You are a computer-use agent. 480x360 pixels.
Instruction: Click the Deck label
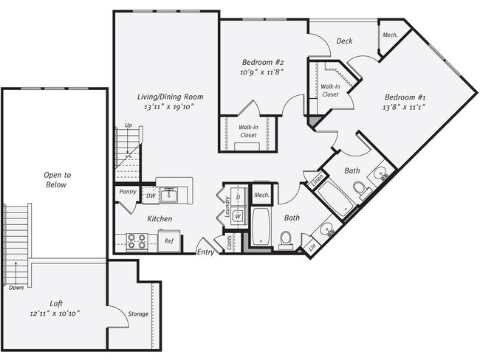(344, 41)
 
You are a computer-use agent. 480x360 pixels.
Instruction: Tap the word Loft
(55, 303)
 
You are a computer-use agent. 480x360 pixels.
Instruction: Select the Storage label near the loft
(137, 314)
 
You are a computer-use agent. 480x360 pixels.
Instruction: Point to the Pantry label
(126, 192)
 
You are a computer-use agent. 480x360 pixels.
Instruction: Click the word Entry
(205, 252)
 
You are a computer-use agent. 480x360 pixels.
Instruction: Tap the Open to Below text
(56, 180)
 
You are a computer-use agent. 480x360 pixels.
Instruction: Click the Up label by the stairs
(128, 125)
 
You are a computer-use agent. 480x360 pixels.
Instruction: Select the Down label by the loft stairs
(16, 288)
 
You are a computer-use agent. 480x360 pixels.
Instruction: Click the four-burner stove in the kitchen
(136, 240)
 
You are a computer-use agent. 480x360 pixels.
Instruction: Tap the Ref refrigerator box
(169, 240)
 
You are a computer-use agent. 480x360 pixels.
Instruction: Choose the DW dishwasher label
(150, 195)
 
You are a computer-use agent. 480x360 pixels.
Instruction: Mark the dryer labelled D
(239, 197)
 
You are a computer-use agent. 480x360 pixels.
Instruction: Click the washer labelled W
(239, 216)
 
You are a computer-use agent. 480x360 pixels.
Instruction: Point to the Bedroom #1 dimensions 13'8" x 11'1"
(403, 108)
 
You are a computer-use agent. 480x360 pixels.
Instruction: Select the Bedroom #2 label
(263, 63)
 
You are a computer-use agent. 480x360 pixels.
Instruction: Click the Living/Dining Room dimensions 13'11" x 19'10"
(170, 108)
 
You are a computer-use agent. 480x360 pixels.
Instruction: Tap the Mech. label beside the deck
(389, 35)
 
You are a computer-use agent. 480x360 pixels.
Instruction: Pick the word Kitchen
(160, 218)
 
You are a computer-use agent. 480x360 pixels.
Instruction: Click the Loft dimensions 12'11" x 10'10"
(55, 314)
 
